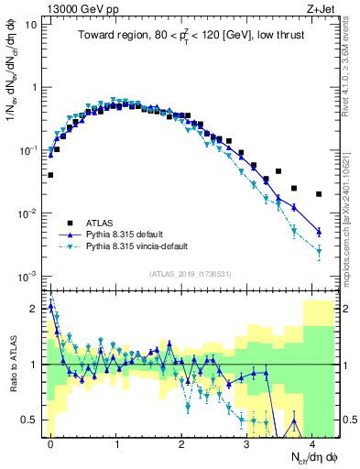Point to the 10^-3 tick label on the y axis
pos(27,276)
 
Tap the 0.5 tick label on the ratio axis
pos(29,420)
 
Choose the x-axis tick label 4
pos(312,442)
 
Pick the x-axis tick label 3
pos(246,442)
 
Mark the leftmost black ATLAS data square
pos(50,174)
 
